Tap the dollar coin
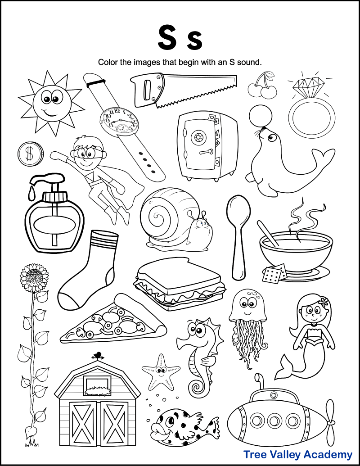pyautogui.click(x=30, y=154)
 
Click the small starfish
pyautogui.click(x=159, y=371)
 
